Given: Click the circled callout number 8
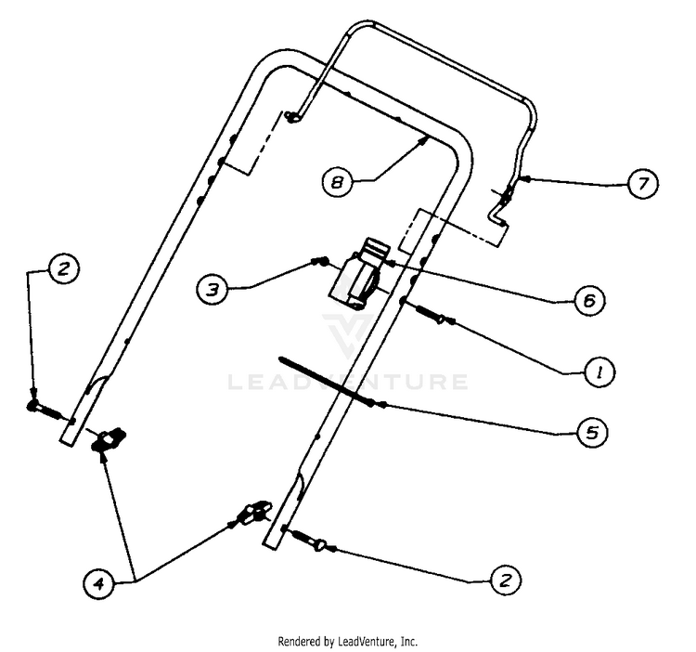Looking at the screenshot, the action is (338, 182).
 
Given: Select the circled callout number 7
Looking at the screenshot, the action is (643, 183).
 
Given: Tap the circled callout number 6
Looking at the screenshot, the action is (589, 301).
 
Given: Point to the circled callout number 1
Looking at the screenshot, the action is (599, 372).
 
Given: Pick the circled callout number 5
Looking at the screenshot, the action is (593, 432).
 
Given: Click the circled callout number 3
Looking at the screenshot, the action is (213, 290).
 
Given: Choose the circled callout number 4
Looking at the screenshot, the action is (98, 582).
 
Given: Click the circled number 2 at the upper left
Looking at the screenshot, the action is (63, 268).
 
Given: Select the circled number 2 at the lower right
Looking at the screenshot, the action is (506, 580).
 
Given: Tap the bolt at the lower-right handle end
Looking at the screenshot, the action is (308, 539).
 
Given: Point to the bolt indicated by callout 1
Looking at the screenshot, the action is (430, 313).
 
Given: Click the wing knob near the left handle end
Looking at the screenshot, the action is (108, 439).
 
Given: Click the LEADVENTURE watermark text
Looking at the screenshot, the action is (348, 382).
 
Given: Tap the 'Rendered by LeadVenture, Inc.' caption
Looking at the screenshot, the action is (348, 642).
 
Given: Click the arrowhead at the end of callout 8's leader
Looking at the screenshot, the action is (424, 140).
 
